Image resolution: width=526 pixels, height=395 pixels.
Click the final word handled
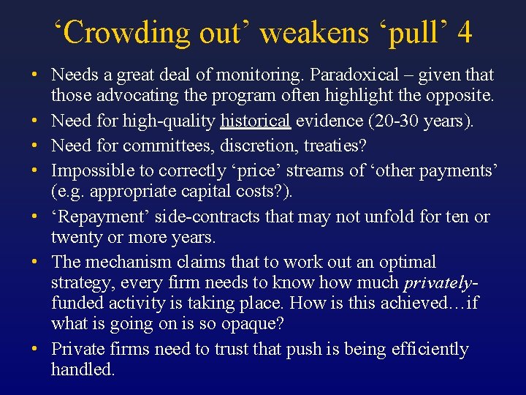83,369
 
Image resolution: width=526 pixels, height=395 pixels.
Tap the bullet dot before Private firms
34,350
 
